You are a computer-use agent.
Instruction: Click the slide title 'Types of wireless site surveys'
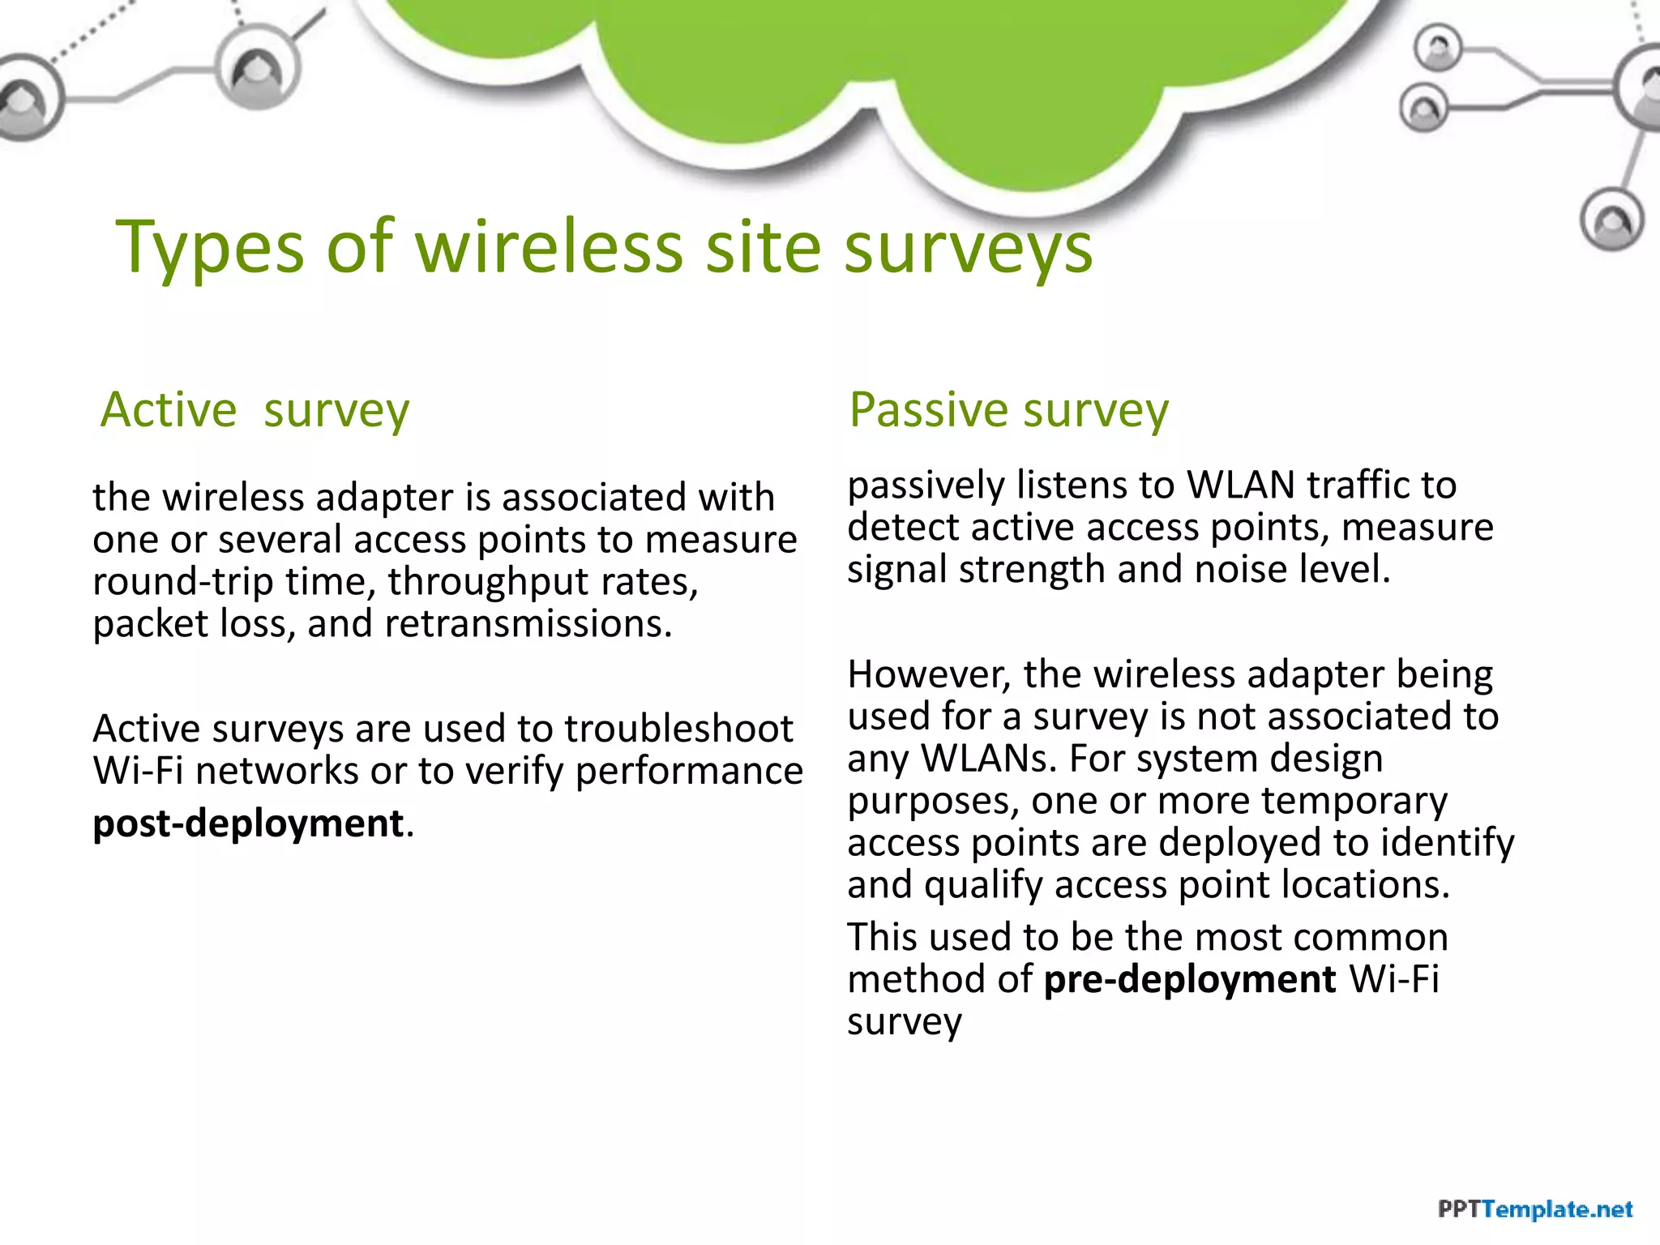pos(604,246)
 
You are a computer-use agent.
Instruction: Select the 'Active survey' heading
pos(255,409)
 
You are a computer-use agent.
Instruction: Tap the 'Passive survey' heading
pos(1008,409)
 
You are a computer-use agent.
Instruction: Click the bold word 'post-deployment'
pos(248,824)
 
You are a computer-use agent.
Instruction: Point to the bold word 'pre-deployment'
pos(1189,979)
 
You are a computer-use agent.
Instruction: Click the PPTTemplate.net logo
pos(1534,1209)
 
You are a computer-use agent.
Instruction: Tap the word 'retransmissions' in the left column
pos(526,623)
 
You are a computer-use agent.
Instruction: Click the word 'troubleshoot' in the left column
pos(678,728)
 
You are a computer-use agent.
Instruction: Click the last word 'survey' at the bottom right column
pos(904,1022)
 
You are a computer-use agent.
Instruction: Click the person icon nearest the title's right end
pos(1612,220)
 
